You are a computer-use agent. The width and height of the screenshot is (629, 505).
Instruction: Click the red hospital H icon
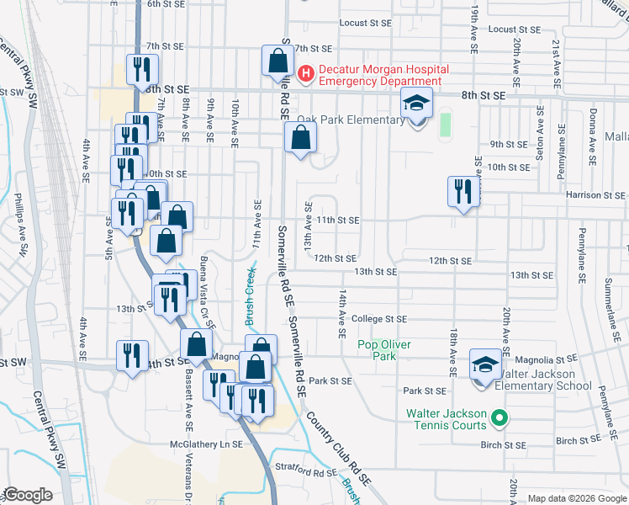(306, 74)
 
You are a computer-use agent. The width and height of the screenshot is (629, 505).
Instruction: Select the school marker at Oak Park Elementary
(416, 104)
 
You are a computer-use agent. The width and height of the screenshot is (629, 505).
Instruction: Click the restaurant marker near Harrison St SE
(462, 192)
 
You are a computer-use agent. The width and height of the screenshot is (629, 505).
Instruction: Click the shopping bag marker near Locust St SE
(277, 61)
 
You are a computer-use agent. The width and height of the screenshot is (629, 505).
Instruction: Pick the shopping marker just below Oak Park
(300, 138)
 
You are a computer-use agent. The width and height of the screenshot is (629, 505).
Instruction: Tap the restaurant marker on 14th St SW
(132, 356)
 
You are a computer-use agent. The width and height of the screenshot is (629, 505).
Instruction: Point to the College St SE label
(378, 319)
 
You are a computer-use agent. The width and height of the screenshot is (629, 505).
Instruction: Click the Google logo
(27, 495)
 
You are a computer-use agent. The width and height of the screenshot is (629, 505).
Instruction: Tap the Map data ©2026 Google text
(576, 498)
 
